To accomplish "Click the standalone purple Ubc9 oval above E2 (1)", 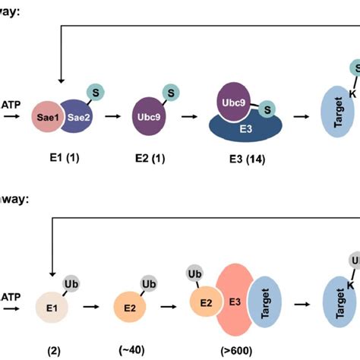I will pos(150,118).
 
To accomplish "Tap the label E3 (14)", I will pos(244,160).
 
